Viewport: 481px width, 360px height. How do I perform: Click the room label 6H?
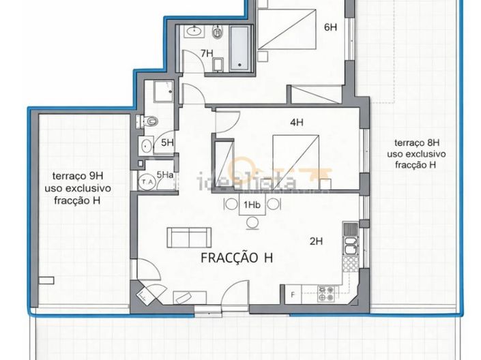(330, 27)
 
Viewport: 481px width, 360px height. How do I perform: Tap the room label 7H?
(207, 53)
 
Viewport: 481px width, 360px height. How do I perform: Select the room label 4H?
(297, 122)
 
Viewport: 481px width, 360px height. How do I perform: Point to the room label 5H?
(167, 142)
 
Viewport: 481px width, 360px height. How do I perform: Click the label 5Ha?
(165, 175)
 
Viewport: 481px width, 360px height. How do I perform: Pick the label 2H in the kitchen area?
(316, 241)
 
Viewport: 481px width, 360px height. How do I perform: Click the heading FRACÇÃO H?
(237, 258)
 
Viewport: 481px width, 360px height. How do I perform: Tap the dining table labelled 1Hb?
(252, 205)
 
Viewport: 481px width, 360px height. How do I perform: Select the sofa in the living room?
(189, 238)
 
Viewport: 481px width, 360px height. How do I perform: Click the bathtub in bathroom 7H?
(239, 49)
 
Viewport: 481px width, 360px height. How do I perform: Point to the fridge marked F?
(293, 295)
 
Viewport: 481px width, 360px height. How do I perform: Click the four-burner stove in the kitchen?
(325, 293)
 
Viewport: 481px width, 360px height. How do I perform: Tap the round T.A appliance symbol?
(147, 182)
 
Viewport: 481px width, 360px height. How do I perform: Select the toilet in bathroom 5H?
(147, 121)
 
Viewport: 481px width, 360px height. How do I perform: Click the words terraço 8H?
(417, 143)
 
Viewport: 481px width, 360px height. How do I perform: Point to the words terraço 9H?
(78, 176)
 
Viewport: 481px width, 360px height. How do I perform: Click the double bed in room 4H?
(295, 162)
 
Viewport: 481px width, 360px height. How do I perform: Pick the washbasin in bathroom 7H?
(194, 31)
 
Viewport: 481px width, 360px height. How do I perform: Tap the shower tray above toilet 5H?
(164, 91)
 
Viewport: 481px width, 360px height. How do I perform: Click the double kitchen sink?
(351, 245)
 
